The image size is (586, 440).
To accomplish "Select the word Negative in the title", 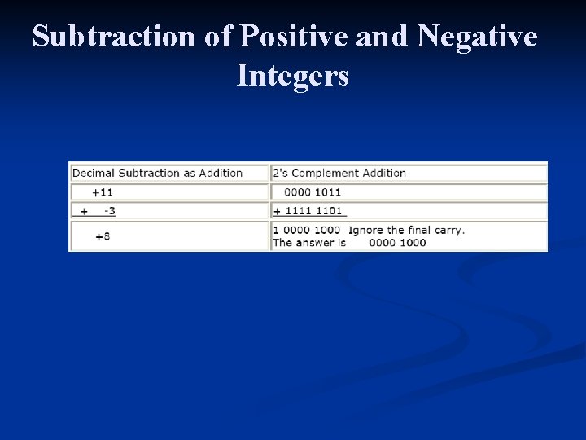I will click(x=477, y=37).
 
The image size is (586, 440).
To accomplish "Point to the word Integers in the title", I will click(x=292, y=76).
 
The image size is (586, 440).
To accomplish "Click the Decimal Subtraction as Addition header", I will click(x=157, y=173).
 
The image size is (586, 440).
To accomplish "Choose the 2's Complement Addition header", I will click(x=339, y=173).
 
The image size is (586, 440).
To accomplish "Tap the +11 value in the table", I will click(x=103, y=192).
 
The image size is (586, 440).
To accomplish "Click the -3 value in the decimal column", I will click(x=109, y=211).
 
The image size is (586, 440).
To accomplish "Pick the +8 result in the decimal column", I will click(x=103, y=236).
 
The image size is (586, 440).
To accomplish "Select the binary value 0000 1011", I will click(x=313, y=192).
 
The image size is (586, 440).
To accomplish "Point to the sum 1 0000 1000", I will click(x=306, y=230).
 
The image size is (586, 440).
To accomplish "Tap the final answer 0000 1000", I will click(x=397, y=242).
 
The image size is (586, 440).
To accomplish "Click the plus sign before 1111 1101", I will click(x=277, y=211).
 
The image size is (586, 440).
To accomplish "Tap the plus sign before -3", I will click(x=84, y=211).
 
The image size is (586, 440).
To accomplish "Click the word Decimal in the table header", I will click(x=94, y=173).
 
